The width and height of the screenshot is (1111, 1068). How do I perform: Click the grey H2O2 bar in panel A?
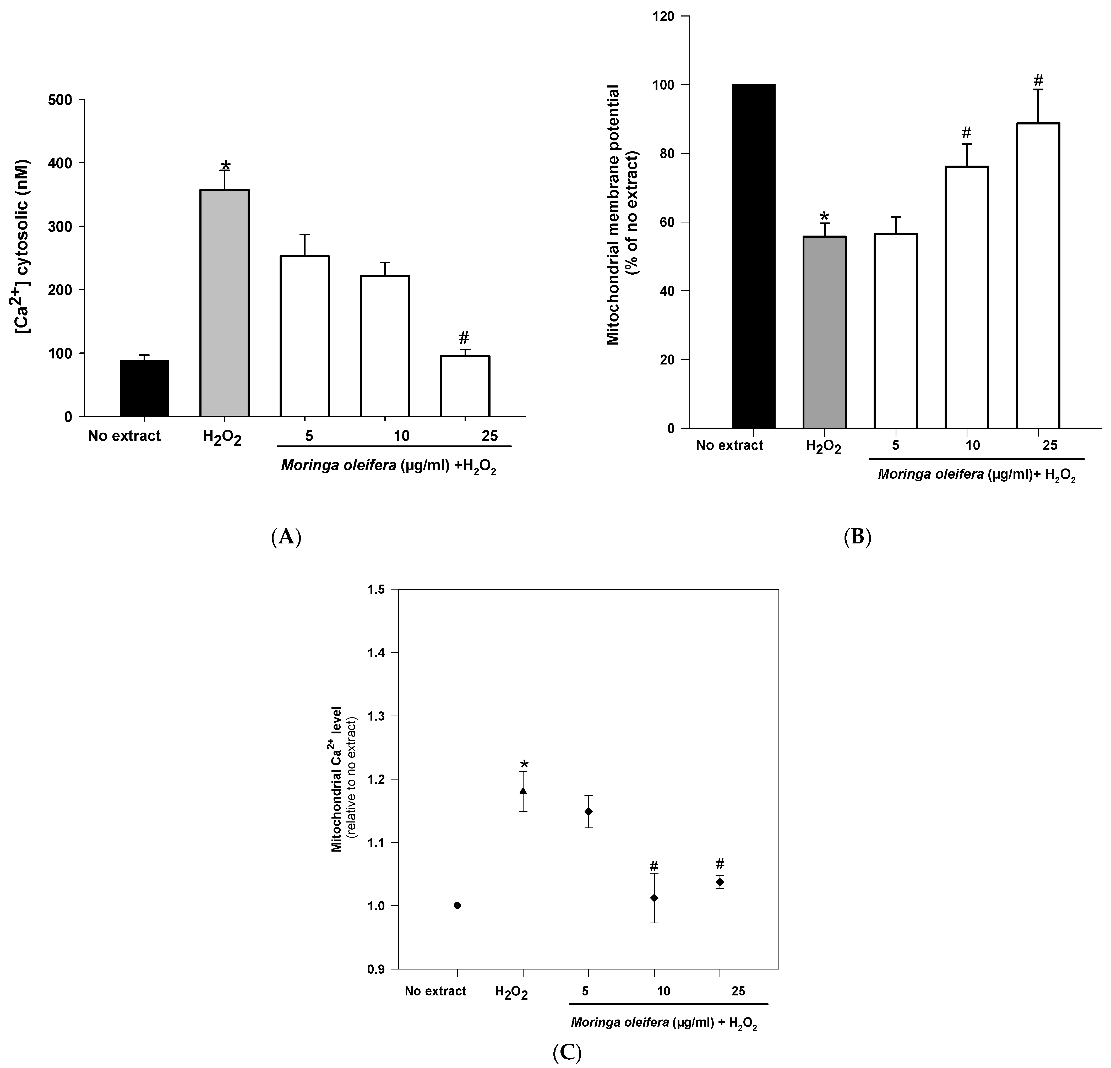pyautogui.click(x=225, y=303)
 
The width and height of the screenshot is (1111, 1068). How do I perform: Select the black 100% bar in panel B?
pyautogui.click(x=753, y=256)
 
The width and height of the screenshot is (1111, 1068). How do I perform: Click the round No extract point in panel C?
pyautogui.click(x=458, y=905)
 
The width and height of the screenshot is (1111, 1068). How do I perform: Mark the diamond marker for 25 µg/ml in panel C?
pyautogui.click(x=720, y=881)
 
